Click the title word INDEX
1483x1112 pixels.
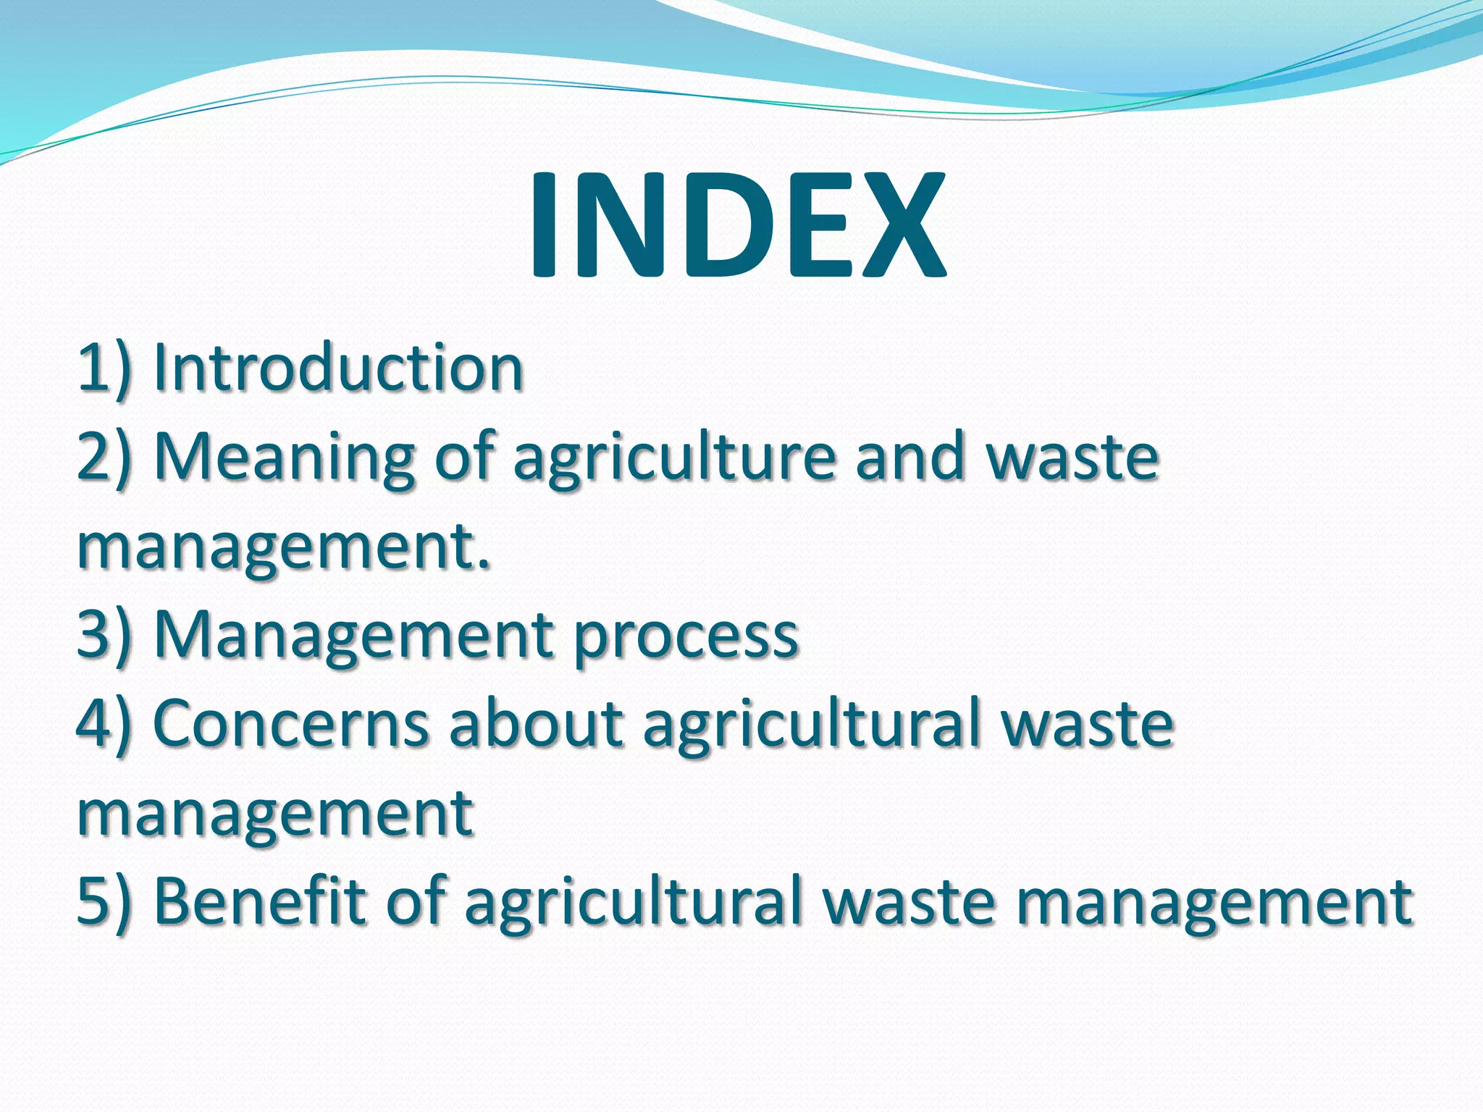point(737,225)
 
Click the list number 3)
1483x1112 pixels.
point(106,634)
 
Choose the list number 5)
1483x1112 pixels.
point(106,901)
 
